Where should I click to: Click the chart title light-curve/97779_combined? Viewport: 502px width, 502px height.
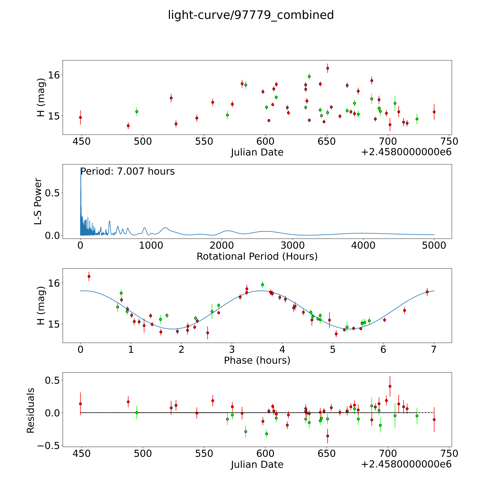click(251, 15)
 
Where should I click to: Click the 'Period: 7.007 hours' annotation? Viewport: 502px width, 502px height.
click(127, 172)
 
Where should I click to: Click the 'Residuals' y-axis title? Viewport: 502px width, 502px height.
click(31, 411)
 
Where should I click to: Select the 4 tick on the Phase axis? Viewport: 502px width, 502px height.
click(282, 349)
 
